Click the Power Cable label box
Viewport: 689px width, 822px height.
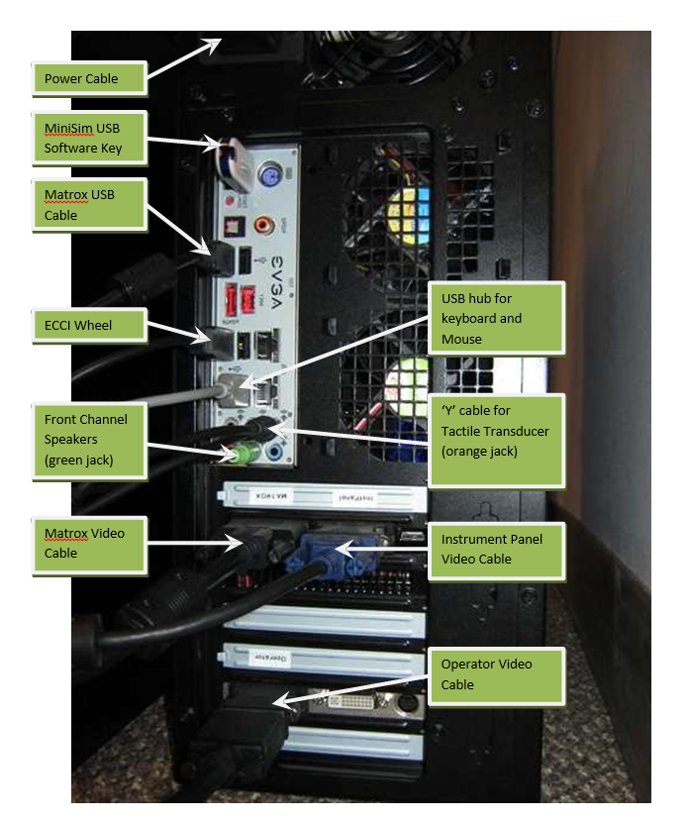pyautogui.click(x=89, y=78)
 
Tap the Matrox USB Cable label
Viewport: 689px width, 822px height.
pyautogui.click(x=89, y=204)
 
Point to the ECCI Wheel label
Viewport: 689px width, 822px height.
pyautogui.click(x=89, y=326)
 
